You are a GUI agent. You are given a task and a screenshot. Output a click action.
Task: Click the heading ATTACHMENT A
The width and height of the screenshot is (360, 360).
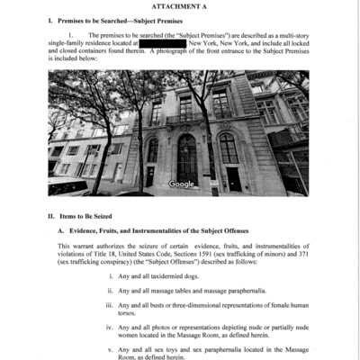tap(180, 6)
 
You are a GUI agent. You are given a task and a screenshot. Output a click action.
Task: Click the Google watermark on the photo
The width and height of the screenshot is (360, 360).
tap(181, 184)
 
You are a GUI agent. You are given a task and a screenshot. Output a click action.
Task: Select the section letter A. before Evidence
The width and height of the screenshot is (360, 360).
tap(61, 231)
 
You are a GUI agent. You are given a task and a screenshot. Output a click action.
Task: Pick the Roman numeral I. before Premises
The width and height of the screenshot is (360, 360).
tap(50, 18)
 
